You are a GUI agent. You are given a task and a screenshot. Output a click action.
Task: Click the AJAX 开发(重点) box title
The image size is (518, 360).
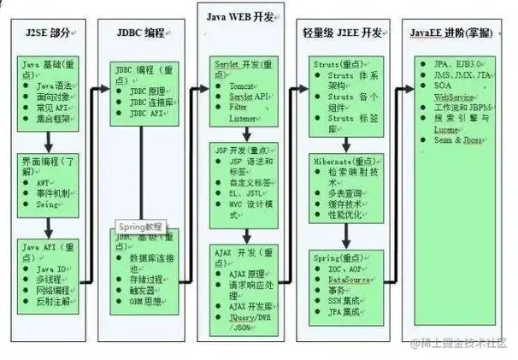coord(240,253)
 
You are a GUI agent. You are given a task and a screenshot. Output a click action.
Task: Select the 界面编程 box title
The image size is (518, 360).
coord(47,163)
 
